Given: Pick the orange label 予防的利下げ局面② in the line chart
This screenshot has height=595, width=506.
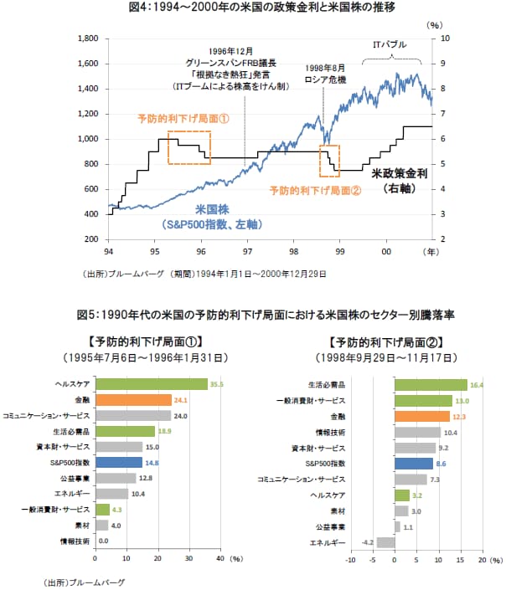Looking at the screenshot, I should point(315,189).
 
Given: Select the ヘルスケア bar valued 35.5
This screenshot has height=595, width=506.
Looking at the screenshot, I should point(152,384).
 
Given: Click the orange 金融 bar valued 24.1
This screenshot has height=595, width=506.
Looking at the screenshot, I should point(134,399).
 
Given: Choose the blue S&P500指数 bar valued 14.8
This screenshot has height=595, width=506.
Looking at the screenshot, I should point(120,462).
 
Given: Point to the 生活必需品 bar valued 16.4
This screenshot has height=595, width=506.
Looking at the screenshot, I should point(431,385).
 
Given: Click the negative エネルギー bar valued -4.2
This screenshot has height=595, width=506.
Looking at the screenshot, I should point(385,541).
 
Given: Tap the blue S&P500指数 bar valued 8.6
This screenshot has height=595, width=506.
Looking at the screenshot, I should point(414,463).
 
